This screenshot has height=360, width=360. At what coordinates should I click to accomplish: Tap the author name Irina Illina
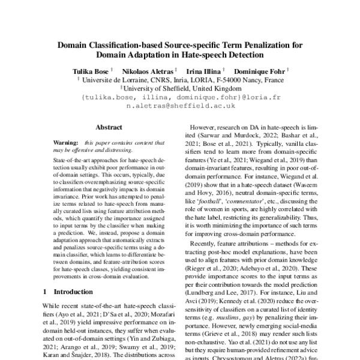point(204,70)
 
